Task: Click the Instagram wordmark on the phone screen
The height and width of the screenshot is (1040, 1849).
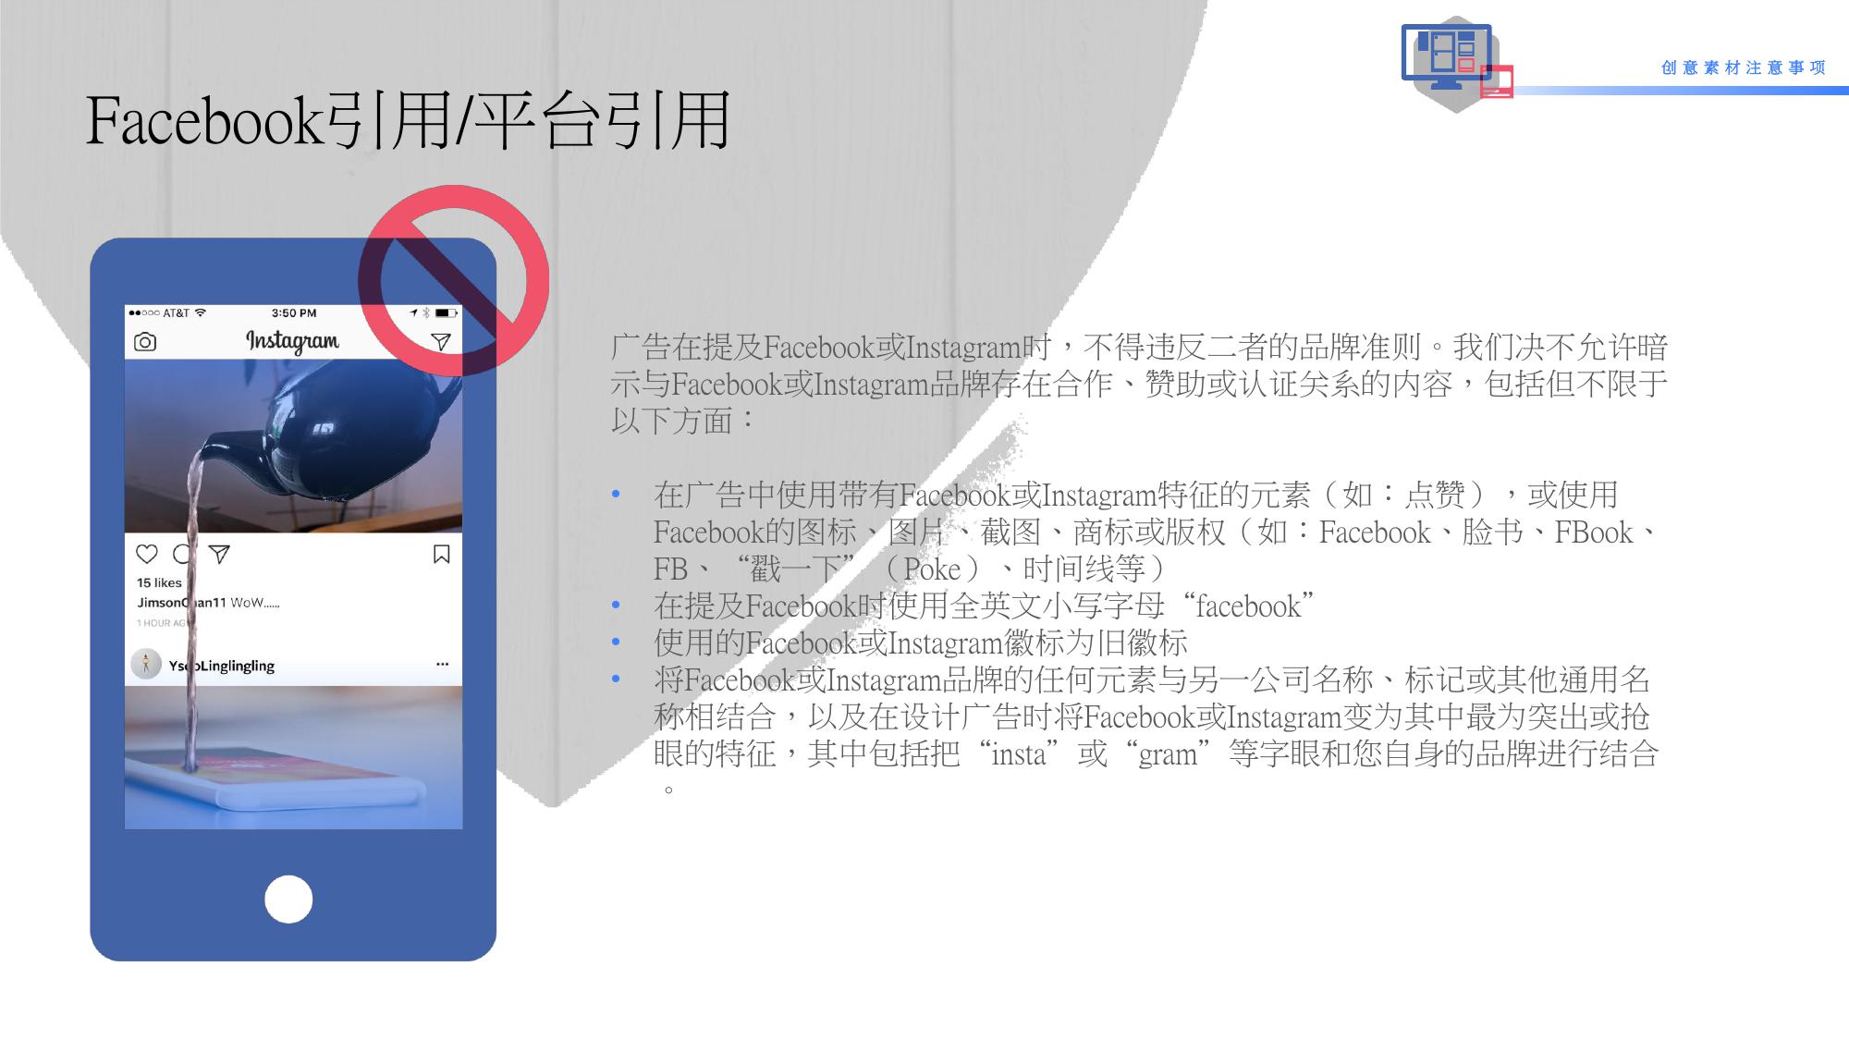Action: click(x=292, y=341)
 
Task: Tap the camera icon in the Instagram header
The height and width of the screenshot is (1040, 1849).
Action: click(x=145, y=342)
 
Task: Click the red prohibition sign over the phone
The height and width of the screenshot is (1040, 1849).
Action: click(x=454, y=280)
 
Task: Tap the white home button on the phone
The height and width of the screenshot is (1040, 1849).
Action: click(x=288, y=899)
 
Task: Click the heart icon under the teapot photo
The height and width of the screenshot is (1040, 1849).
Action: click(x=147, y=554)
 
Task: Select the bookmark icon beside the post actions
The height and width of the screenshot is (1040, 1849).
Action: click(x=442, y=554)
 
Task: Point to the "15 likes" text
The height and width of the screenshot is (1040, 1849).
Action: click(x=159, y=582)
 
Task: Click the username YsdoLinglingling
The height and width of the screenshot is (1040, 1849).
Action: click(x=222, y=666)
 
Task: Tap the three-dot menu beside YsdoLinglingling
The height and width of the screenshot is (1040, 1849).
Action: click(x=442, y=664)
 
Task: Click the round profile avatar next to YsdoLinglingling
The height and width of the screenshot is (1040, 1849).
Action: click(x=146, y=664)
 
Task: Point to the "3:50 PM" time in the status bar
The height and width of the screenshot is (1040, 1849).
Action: click(x=294, y=313)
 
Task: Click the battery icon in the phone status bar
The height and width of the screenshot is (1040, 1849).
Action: click(x=447, y=313)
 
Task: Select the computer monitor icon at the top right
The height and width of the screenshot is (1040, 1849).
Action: click(x=1447, y=55)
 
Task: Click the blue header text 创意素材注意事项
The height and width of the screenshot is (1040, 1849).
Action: click(x=1744, y=67)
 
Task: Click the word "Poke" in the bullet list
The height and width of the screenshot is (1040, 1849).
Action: click(x=932, y=569)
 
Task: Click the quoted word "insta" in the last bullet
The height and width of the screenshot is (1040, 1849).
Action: click(x=1019, y=754)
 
